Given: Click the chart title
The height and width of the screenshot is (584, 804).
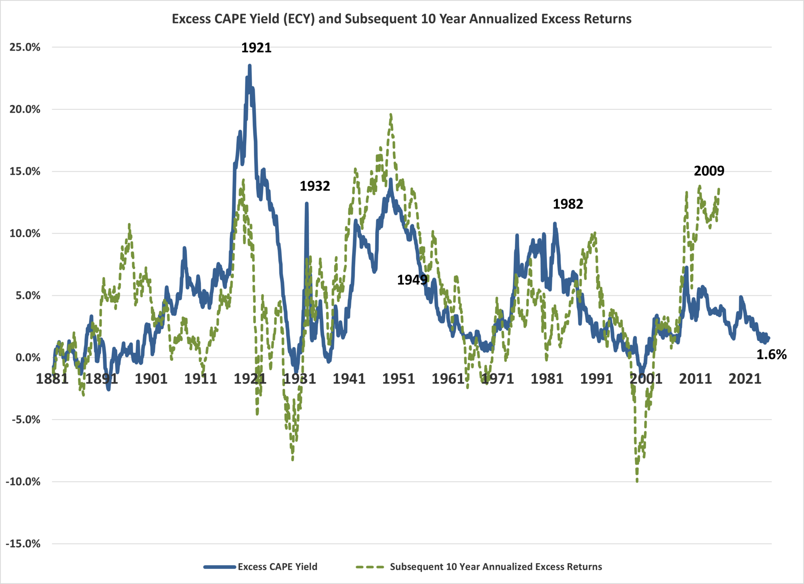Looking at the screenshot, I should tap(402, 19).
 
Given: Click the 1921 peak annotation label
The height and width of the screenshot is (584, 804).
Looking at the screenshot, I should tap(256, 48).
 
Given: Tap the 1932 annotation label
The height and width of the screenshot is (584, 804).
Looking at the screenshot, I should tap(314, 186).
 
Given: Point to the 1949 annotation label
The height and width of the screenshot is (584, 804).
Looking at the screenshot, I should tap(412, 280).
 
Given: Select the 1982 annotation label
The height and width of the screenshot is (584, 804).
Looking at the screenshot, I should tap(568, 204).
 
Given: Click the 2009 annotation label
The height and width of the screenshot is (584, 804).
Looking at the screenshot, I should tap(709, 171).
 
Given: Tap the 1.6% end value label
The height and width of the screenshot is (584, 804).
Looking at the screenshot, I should tap(771, 355).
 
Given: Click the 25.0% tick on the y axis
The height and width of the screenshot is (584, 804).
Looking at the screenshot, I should tap(25, 47).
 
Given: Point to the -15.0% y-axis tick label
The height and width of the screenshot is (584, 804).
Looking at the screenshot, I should tap(23, 544).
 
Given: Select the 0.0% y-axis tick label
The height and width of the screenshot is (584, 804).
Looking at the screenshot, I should tap(28, 358).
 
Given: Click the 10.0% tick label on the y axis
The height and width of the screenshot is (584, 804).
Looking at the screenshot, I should tap(25, 233).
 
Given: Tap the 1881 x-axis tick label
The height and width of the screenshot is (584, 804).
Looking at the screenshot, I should tap(52, 379).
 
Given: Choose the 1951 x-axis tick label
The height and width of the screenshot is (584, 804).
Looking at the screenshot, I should tap(398, 379).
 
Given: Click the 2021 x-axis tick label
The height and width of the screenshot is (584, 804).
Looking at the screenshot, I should tap(745, 379).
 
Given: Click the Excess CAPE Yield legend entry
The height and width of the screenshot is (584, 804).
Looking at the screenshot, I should tap(277, 567).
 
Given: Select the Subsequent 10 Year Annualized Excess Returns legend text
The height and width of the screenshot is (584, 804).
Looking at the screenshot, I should tap(496, 567).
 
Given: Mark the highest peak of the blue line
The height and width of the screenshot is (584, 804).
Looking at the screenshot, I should tap(250, 66).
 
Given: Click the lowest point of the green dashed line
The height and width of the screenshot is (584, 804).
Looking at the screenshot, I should tap(637, 481).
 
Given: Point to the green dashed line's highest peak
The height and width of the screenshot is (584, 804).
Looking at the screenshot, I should tap(391, 114).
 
